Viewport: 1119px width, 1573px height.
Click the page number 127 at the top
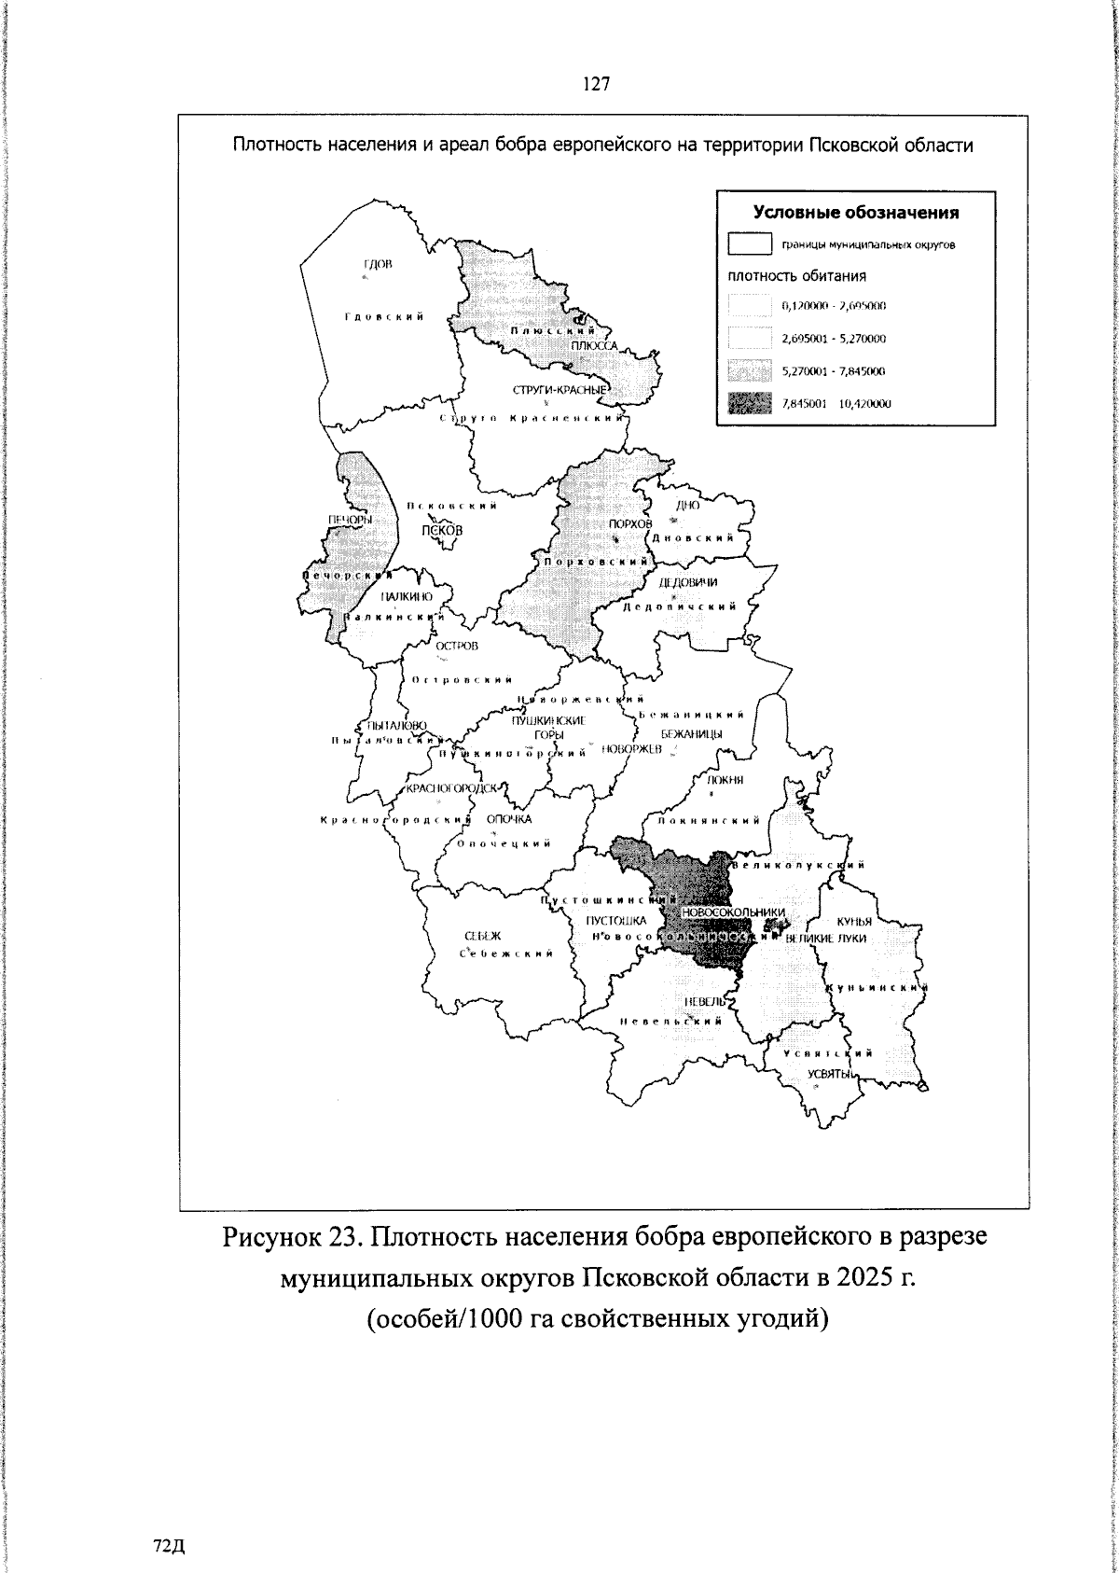pyautogui.click(x=596, y=85)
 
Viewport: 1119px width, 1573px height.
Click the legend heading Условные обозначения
pyautogui.click(x=855, y=213)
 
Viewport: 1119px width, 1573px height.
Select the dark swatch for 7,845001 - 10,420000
pyautogui.click(x=750, y=404)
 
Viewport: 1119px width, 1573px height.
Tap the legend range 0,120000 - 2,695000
pyautogui.click(x=834, y=305)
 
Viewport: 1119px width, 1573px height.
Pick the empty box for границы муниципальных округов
pyautogui.click(x=750, y=245)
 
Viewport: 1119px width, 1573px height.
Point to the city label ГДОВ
pyautogui.click(x=378, y=265)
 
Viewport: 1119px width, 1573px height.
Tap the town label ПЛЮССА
pyautogui.click(x=595, y=346)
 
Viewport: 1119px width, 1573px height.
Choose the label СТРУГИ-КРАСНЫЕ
pyautogui.click(x=560, y=389)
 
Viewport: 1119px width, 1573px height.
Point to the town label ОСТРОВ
pyautogui.click(x=457, y=646)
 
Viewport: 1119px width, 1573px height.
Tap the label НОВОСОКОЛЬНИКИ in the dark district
pyautogui.click(x=733, y=912)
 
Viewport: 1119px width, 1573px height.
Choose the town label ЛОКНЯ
pyautogui.click(x=725, y=780)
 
